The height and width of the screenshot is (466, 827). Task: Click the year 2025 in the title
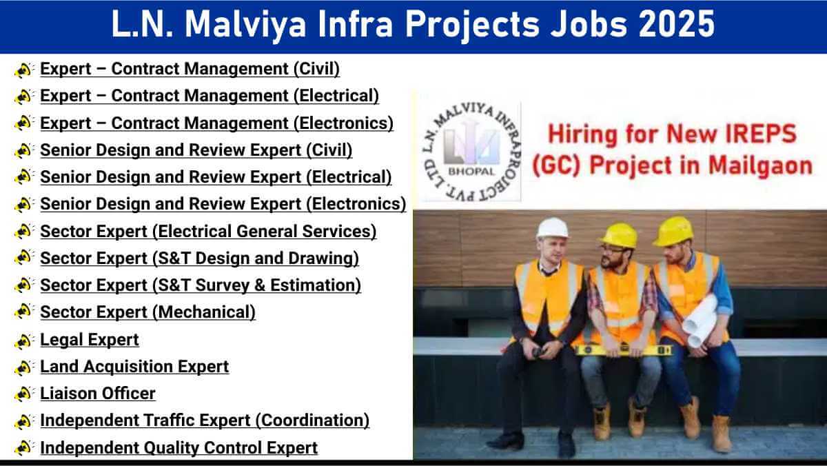[677, 24]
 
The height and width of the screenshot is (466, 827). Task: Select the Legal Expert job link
[90, 340]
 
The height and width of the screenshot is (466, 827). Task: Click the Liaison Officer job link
[98, 393]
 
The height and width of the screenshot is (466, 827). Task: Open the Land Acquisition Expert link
[134, 367]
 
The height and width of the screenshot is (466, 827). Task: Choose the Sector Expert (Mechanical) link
[147, 312]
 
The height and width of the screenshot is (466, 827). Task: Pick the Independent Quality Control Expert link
[179, 448]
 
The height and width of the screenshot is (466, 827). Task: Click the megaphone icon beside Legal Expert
[23, 341]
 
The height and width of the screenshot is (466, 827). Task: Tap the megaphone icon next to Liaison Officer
[23, 394]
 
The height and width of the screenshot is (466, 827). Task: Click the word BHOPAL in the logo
[471, 172]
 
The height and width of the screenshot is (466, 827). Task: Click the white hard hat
[552, 228]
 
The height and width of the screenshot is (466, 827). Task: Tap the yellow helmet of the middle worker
[619, 235]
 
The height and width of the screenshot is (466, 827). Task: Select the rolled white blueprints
[700, 321]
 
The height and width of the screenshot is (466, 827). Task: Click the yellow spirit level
[623, 350]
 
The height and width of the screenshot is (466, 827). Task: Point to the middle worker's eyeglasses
[613, 250]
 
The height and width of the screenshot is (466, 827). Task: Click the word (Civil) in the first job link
[317, 69]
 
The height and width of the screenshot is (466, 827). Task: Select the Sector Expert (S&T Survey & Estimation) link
[201, 285]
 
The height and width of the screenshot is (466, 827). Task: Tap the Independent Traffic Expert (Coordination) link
[205, 421]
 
